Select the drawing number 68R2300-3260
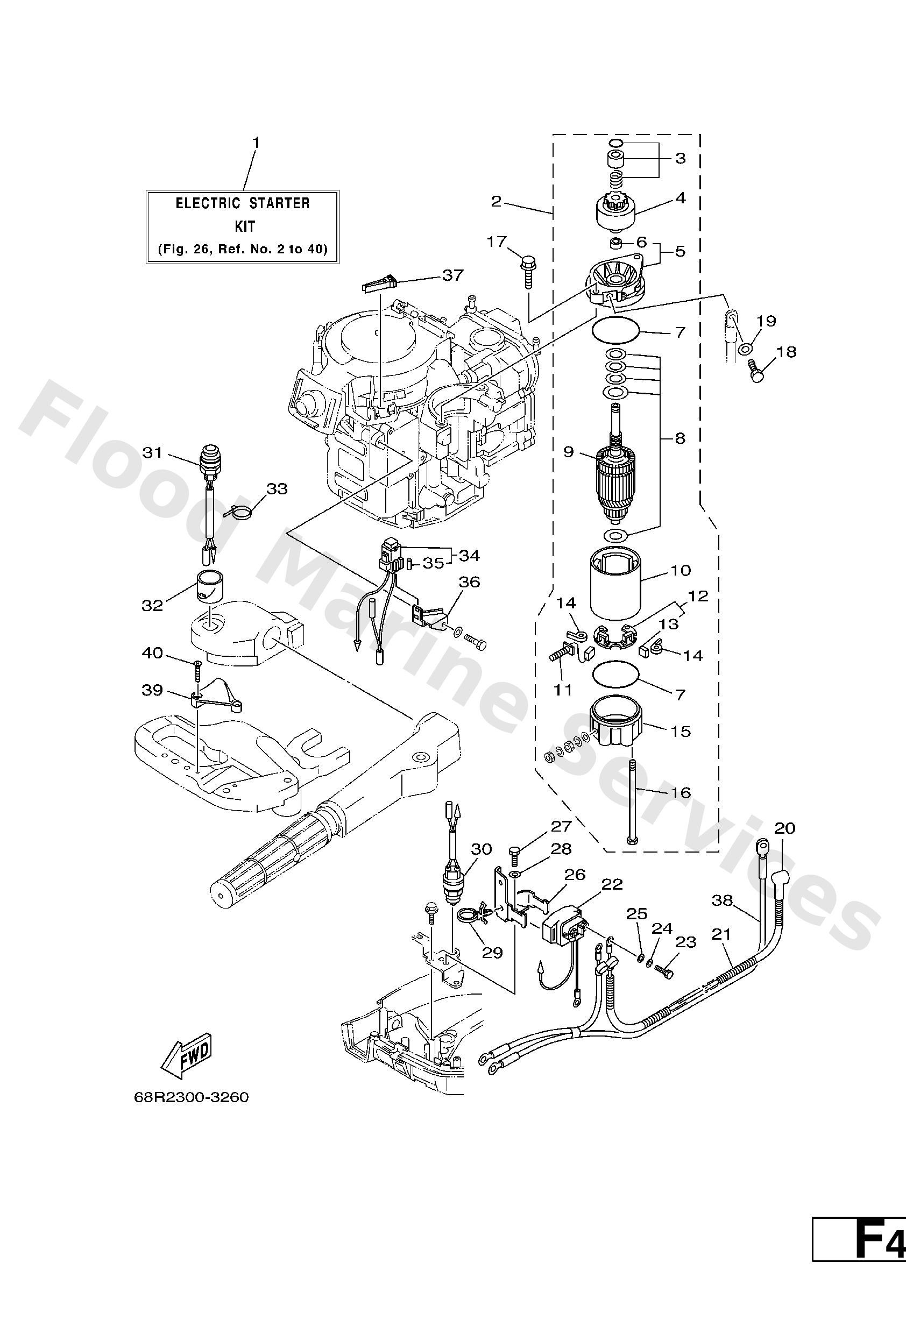pos(191,1097)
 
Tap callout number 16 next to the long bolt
pos(681,793)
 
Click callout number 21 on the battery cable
pos(721,934)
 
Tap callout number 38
pos(723,900)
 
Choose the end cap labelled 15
pos(615,726)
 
